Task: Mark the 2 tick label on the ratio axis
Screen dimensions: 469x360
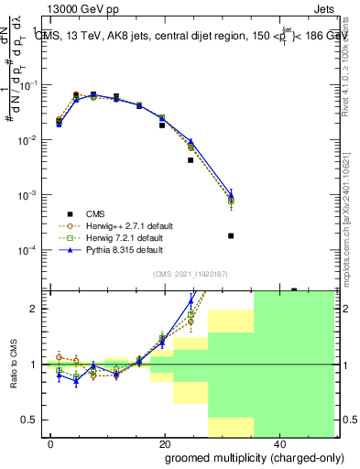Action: click(x=34, y=309)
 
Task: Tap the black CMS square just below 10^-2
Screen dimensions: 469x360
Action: click(x=191, y=159)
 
